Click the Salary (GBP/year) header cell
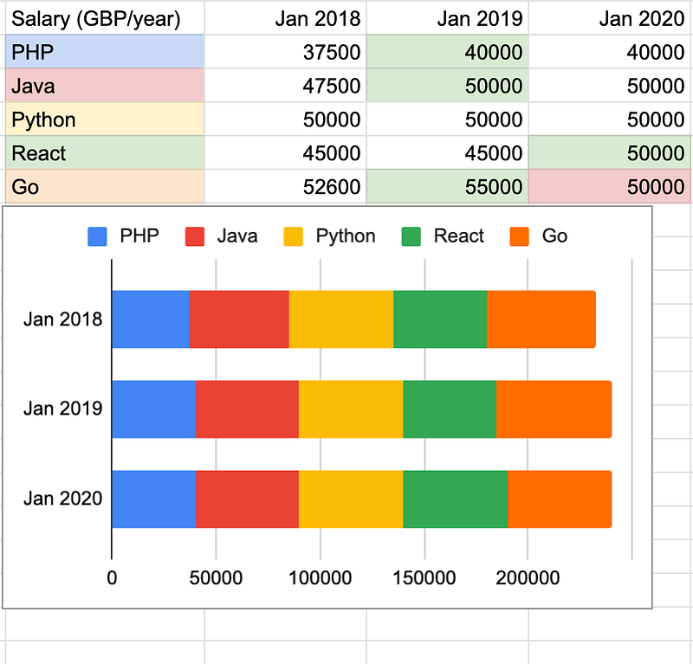coord(96,18)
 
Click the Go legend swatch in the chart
coord(522,235)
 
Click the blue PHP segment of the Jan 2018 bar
coord(151,319)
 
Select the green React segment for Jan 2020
coord(455,499)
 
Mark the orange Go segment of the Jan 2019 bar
coord(554,409)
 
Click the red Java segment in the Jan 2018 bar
coord(239,319)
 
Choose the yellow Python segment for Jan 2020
coord(351,499)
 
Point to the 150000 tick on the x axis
coord(424,577)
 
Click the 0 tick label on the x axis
coord(112,577)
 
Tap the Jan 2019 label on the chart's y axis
coord(63,409)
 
